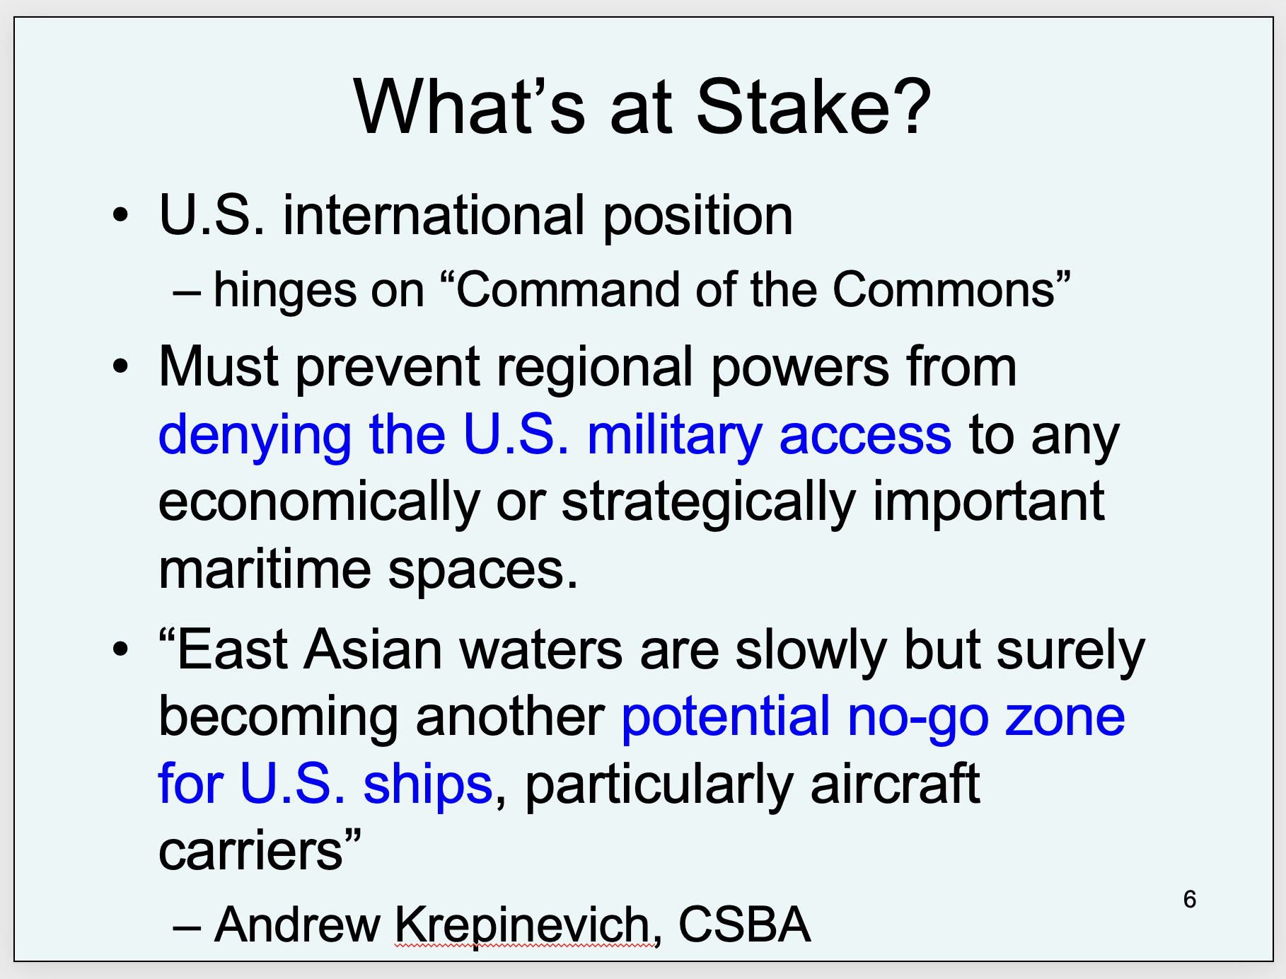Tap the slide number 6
point(1189,899)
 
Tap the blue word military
point(674,437)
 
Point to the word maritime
point(265,569)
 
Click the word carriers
point(250,851)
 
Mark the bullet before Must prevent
point(121,366)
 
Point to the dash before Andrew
point(187,927)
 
